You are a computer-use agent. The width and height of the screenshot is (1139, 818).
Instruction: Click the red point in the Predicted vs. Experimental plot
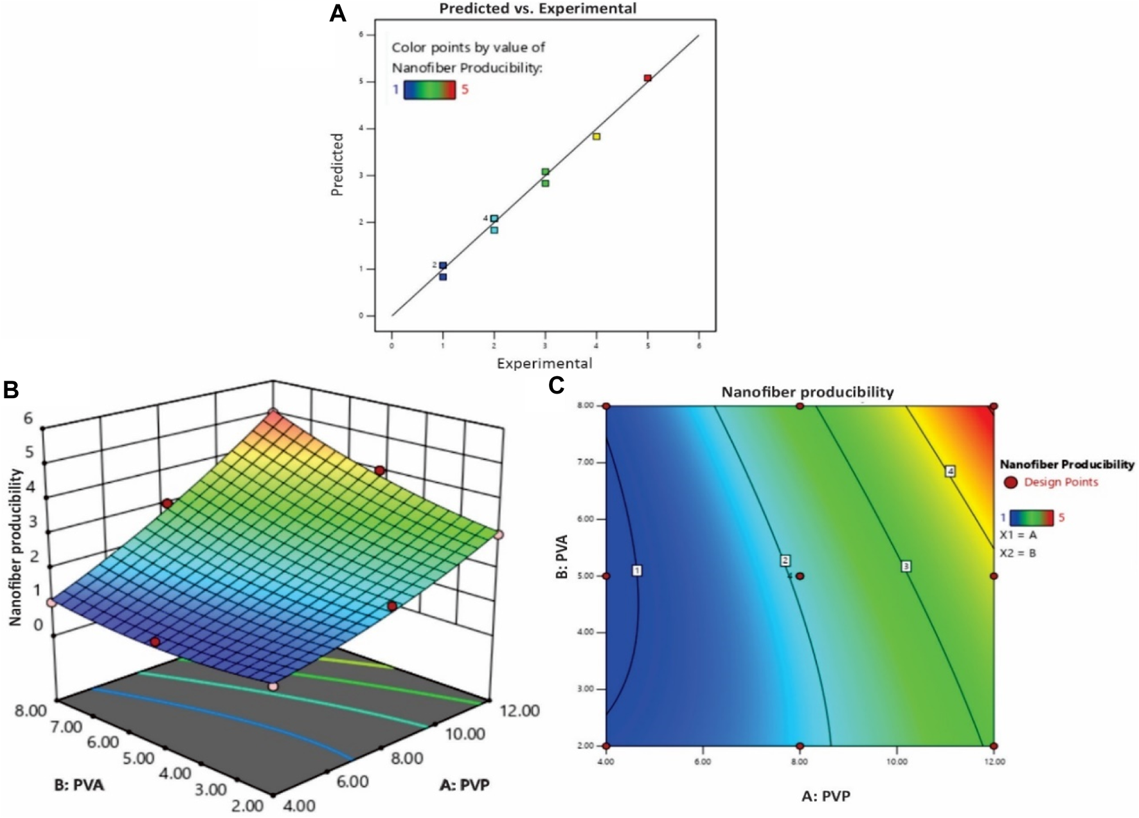[x=647, y=78]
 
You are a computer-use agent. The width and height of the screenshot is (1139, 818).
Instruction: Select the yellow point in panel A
[x=596, y=136]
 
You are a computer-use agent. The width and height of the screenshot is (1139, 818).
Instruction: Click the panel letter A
[x=337, y=14]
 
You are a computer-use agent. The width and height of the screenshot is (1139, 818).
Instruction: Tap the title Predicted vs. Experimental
[x=537, y=8]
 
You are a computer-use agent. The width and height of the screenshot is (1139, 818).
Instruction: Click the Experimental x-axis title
[x=544, y=363]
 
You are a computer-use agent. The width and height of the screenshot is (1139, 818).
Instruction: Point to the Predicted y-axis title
[x=337, y=165]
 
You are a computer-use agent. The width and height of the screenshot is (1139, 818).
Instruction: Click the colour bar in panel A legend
[x=429, y=89]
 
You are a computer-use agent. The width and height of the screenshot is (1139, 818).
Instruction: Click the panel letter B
[x=11, y=390]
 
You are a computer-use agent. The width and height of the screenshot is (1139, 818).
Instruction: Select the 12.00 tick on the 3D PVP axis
[x=519, y=711]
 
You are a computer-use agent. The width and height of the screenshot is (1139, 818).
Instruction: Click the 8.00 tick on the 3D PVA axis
[x=30, y=711]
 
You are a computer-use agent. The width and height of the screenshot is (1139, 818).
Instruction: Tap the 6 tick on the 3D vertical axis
[x=28, y=418]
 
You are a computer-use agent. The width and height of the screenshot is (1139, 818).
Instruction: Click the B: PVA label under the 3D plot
[x=79, y=785]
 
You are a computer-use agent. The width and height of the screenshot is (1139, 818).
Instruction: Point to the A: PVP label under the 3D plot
[x=464, y=785]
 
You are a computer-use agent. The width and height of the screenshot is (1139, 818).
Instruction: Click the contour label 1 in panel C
[x=636, y=570]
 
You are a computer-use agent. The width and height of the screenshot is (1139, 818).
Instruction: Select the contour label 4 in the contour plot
[x=950, y=471]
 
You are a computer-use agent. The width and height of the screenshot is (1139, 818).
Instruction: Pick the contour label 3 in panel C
[x=906, y=567]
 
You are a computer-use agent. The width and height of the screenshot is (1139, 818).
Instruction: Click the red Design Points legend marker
[x=1010, y=482]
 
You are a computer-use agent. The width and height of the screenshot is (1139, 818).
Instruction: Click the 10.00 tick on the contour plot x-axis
[x=897, y=761]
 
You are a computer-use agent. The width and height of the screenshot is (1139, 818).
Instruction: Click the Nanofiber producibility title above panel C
[x=807, y=392]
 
